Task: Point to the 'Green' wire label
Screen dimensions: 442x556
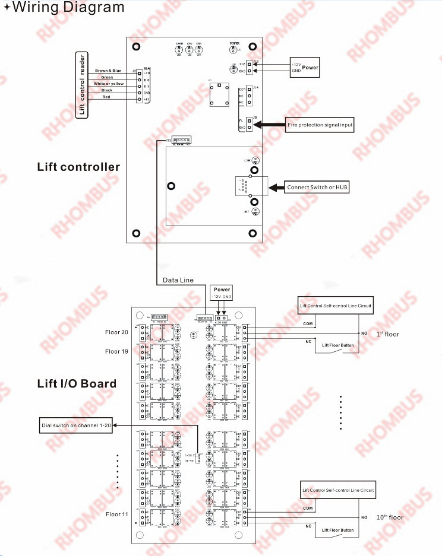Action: coord(108,77)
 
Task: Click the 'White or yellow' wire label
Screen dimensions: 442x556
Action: coord(108,84)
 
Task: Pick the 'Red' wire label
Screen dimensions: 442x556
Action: coord(108,97)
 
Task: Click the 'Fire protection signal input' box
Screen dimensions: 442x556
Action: coord(320,125)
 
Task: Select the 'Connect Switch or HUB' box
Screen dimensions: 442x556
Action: coord(317,188)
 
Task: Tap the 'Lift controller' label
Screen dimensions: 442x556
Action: coord(78,167)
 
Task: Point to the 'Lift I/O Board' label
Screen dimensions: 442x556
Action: coord(77,383)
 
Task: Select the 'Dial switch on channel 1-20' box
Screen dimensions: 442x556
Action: coord(75,425)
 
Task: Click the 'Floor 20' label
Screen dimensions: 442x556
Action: coord(116,332)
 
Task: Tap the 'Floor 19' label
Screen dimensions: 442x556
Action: coord(116,351)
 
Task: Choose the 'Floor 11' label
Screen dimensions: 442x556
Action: coord(116,514)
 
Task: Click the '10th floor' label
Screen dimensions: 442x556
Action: coord(389,517)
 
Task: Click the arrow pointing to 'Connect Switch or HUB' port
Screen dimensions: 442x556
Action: coord(276,188)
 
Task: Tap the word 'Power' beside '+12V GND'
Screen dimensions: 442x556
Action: coord(310,68)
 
